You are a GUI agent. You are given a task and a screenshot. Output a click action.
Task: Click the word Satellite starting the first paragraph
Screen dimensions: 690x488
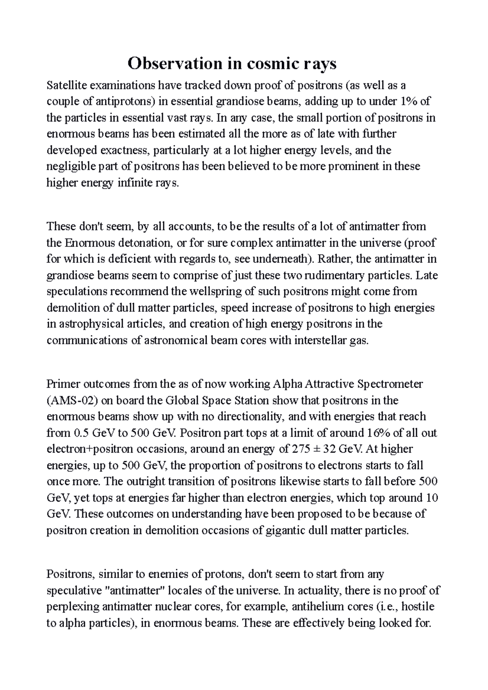click(65, 86)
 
